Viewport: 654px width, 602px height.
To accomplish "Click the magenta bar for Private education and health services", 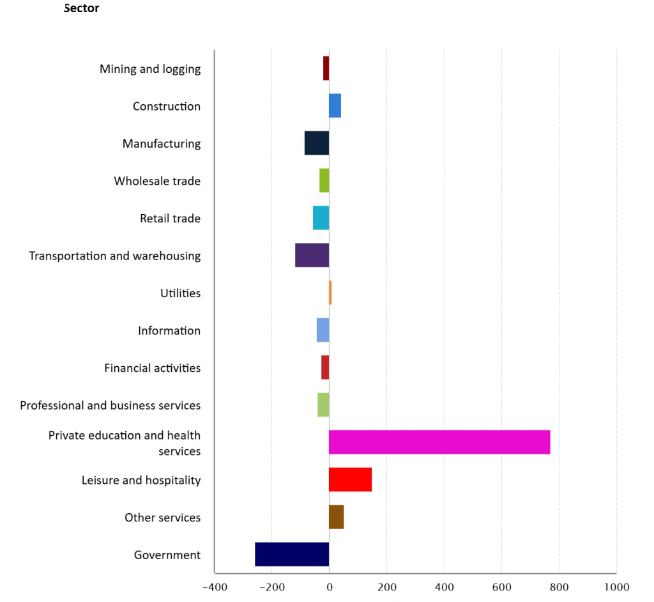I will pos(439,442).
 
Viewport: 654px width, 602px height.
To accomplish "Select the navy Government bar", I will pos(292,554).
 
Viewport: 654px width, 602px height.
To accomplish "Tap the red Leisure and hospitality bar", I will pos(350,479).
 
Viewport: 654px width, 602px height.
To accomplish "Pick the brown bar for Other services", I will pos(336,517).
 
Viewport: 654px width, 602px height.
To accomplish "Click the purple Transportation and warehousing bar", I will pos(312,256).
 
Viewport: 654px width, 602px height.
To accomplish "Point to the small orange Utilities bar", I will pos(330,293).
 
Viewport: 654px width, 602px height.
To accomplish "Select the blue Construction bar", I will pos(335,105).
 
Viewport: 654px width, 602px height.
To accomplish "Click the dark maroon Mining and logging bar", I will pos(326,68).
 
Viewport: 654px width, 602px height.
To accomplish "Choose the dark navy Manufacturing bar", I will pos(317,143).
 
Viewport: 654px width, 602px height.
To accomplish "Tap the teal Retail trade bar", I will pos(321,218).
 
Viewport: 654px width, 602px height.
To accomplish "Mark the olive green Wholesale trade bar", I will pos(324,180).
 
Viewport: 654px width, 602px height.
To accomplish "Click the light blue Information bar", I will pos(323,330).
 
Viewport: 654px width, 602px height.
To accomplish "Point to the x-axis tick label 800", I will pos(559,587).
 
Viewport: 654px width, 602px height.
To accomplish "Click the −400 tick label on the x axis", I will pos(214,587).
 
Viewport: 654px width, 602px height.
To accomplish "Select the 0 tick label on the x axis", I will pos(329,587).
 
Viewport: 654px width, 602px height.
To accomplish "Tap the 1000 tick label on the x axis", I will pos(616,587).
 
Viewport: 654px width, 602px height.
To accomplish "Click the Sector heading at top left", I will pos(82,9).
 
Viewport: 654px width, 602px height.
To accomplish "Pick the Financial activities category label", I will pos(152,368).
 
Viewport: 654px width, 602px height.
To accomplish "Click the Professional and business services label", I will pos(110,405).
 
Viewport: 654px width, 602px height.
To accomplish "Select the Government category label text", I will pos(167,555).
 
